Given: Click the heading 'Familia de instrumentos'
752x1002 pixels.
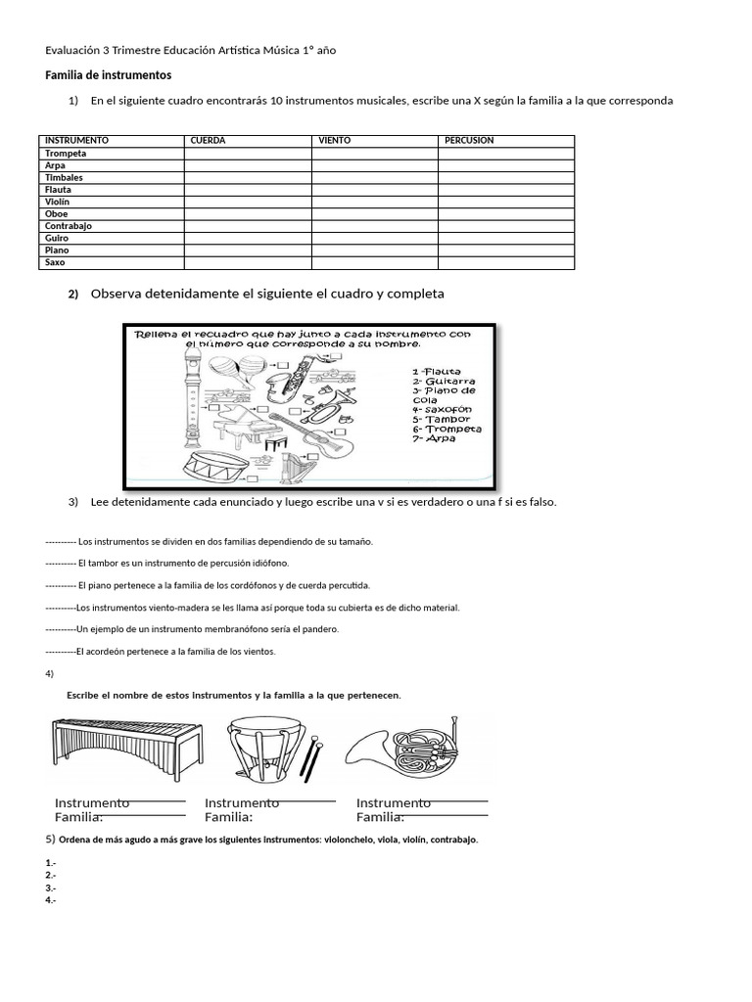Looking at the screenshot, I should (109, 75).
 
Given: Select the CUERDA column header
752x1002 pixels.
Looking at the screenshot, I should (208, 141).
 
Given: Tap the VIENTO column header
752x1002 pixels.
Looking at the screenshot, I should (335, 141).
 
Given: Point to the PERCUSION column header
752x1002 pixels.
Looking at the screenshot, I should (469, 141).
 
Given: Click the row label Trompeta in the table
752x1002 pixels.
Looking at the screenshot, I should (66, 154).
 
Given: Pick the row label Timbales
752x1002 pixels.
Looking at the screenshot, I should (64, 178).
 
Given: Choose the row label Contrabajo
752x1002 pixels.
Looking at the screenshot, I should (68, 226).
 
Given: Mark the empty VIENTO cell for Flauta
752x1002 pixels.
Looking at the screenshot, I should (374, 190).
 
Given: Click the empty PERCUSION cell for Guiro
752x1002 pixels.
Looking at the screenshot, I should (505, 238).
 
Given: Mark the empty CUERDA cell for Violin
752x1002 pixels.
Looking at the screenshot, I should (248, 202).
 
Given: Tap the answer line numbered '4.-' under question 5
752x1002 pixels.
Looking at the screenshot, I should (51, 900).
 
